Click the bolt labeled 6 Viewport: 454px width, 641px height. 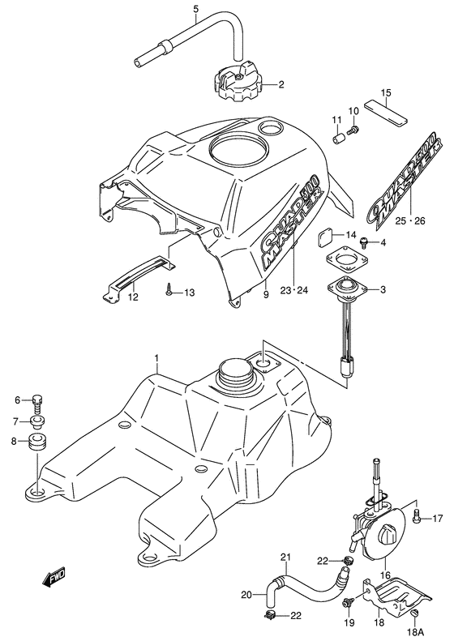(39, 400)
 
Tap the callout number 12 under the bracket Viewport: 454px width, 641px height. (132, 297)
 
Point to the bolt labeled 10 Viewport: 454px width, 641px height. (354, 128)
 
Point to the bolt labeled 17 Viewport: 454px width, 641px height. (415, 515)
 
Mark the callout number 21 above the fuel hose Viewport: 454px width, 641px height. (285, 557)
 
